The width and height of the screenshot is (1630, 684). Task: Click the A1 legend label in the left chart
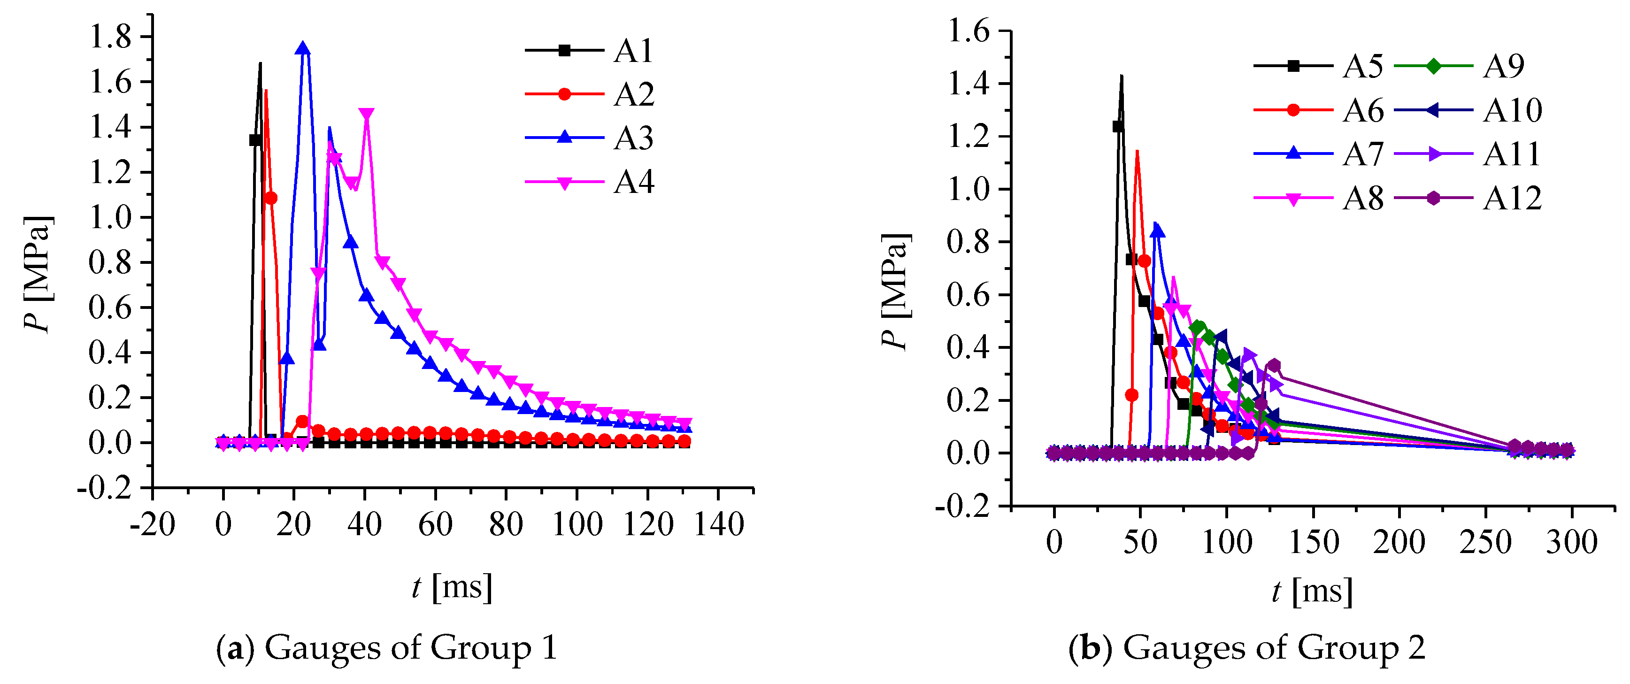tap(633, 51)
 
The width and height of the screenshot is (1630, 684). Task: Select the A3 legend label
tap(633, 138)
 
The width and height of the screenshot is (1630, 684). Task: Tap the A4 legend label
tap(633, 182)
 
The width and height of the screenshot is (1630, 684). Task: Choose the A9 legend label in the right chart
tap(1503, 66)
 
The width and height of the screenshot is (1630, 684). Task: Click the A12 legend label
tap(1512, 199)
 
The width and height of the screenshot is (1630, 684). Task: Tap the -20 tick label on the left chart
tap(153, 524)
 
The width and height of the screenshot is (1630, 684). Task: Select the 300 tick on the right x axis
tap(1572, 542)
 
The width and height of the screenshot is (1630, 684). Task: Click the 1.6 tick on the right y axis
tap(968, 31)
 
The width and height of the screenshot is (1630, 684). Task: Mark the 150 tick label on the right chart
tap(1313, 542)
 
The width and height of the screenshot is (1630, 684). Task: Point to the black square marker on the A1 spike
tap(255, 140)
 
